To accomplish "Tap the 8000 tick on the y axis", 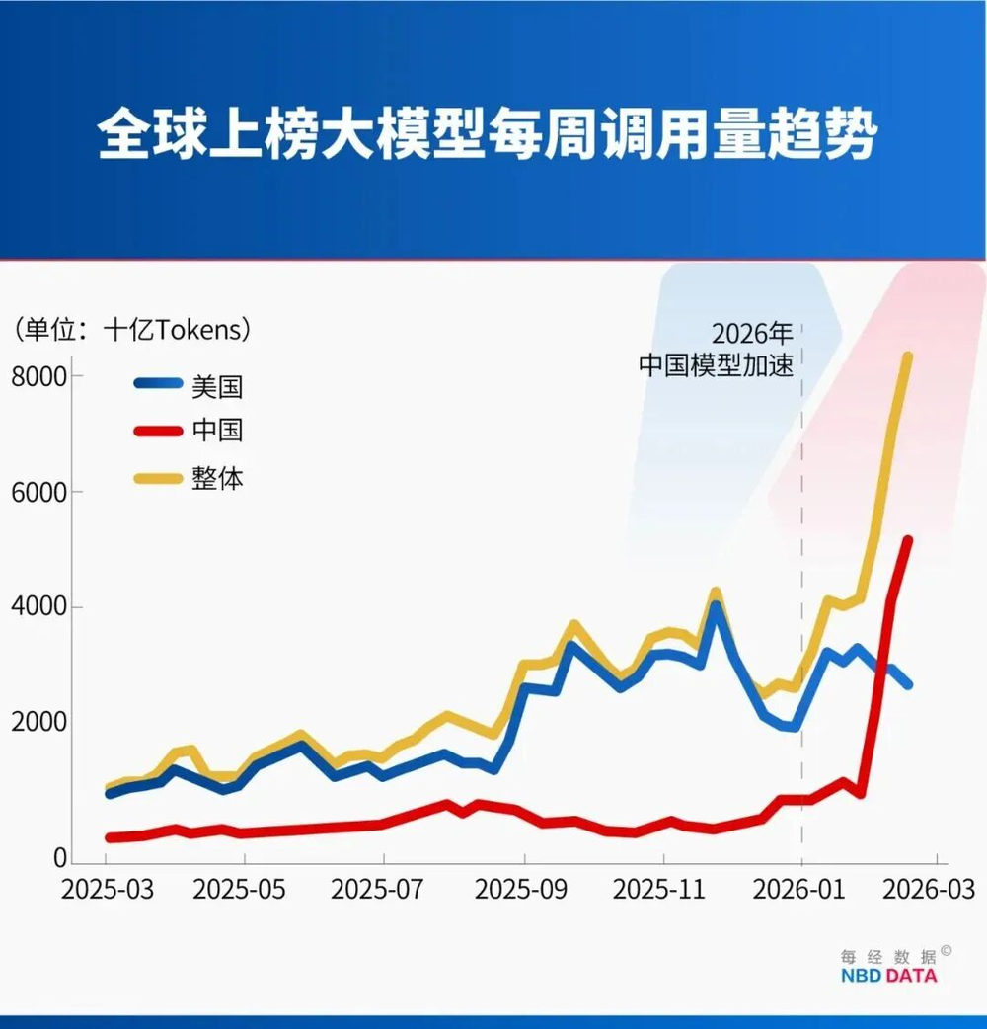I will [38, 376].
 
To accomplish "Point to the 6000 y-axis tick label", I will [38, 492].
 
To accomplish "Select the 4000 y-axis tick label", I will [38, 606].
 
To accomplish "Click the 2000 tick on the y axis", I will [38, 722].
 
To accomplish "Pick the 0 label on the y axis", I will [60, 859].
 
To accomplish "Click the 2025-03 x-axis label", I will [108, 889].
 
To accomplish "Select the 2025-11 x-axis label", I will [660, 889].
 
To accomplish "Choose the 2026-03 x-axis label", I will [928, 889].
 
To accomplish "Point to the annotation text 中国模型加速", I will [716, 364].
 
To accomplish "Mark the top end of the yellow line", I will [907, 357].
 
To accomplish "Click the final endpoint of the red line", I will [908, 540].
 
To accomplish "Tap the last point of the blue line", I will [908, 684].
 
